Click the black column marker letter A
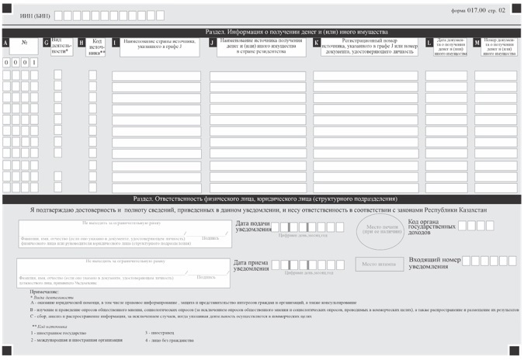(x=5, y=43)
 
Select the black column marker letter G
(x=47, y=43)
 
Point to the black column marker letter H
(x=82, y=43)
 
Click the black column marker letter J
(x=213, y=43)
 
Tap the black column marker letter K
(x=316, y=43)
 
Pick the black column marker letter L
(x=429, y=43)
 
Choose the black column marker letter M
(x=477, y=43)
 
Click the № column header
(x=23, y=43)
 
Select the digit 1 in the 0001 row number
(x=34, y=61)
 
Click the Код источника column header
(x=97, y=47)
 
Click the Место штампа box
(x=379, y=264)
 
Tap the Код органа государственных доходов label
(x=431, y=227)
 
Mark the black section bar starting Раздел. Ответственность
(x=262, y=199)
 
